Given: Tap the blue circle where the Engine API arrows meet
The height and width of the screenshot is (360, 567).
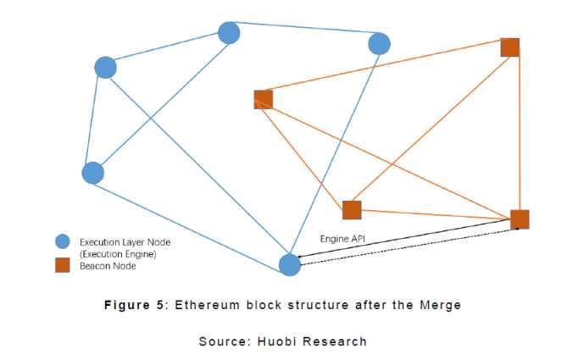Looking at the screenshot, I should coord(290,264).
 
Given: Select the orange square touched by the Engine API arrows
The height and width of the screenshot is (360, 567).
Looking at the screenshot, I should coord(520,219).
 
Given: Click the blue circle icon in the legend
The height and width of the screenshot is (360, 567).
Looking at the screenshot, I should coord(61,241).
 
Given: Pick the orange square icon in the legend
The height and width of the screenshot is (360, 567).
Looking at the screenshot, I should coord(61,265).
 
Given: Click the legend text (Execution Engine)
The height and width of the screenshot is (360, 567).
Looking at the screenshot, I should coord(118,253).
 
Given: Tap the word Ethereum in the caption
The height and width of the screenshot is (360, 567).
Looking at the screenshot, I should coord(205,305).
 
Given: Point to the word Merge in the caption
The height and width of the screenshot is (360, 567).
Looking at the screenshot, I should coord(441,305).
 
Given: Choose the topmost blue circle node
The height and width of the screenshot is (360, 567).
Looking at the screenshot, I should coord(229,33).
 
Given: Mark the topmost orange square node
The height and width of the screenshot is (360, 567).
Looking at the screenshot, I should coord(509,47).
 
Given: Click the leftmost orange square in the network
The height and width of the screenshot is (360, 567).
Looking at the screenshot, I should coord(263,99).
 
